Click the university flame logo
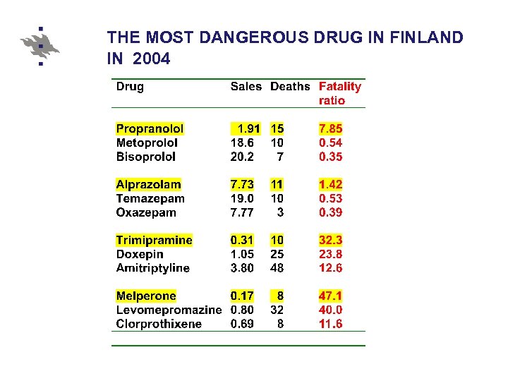click(40, 46)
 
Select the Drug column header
click(130, 87)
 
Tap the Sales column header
click(246, 87)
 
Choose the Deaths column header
click(290, 87)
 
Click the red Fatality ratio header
click(339, 93)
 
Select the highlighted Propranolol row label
click(150, 129)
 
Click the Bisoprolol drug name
click(146, 157)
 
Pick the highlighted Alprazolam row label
click(148, 185)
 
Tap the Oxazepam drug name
click(146, 212)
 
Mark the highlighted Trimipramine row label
click(154, 241)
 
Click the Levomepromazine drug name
click(169, 310)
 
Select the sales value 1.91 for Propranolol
click(249, 129)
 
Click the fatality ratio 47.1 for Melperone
click(330, 296)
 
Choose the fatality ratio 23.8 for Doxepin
click(330, 254)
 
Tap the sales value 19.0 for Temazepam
click(243, 199)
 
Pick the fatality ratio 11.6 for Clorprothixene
click(330, 324)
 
